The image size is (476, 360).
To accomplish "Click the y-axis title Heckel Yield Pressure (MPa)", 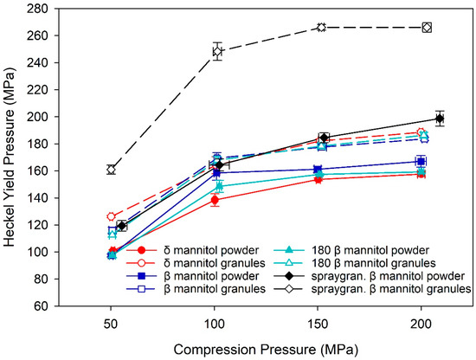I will point(12,157).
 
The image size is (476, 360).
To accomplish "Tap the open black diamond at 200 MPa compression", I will point(427,28).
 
